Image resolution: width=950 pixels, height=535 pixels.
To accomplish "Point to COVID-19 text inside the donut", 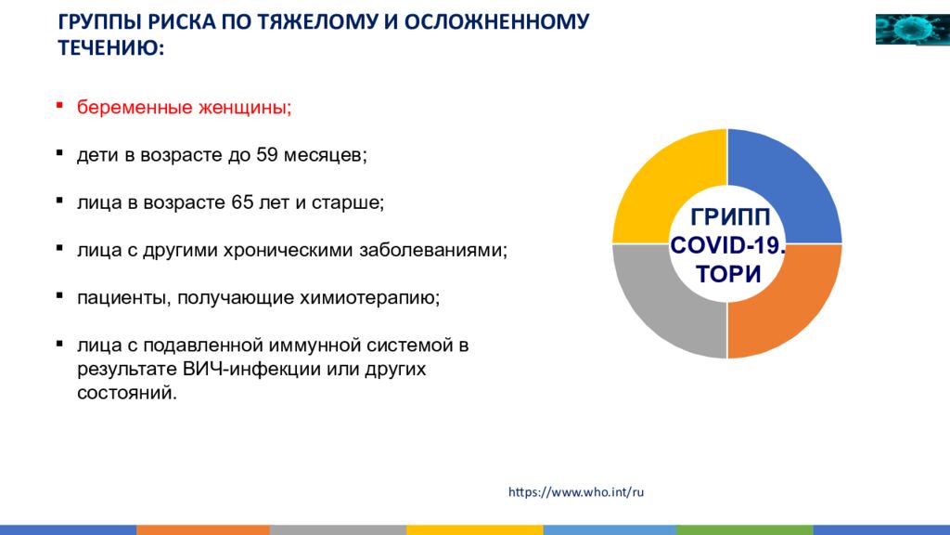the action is (727, 245).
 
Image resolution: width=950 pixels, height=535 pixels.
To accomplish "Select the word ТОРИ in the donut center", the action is (728, 274).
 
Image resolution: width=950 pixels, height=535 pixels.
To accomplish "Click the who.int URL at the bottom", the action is (576, 492).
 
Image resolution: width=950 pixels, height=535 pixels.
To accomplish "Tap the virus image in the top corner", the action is (913, 29).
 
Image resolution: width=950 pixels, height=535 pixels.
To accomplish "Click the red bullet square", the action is (59, 106).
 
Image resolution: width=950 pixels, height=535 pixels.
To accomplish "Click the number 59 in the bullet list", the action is (266, 155).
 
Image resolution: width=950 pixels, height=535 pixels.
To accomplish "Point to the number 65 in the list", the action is (242, 202).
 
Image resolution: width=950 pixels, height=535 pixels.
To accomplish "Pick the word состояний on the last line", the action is (127, 393).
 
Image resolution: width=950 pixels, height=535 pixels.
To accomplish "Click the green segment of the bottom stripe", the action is (745, 530).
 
